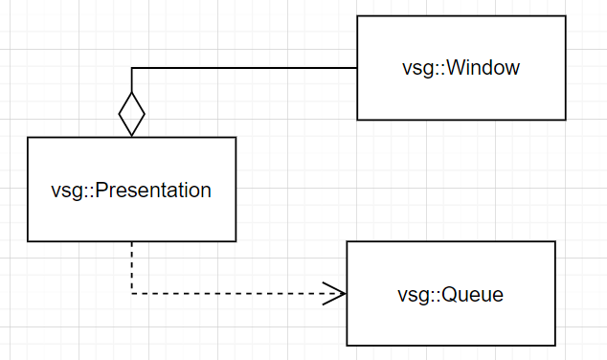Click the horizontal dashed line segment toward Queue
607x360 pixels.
click(x=230, y=293)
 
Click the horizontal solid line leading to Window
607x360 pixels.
click(x=244, y=68)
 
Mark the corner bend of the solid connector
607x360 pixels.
click(x=131, y=68)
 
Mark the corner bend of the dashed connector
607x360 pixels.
click(x=131, y=293)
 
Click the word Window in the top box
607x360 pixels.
click(x=483, y=68)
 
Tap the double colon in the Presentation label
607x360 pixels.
click(x=80, y=190)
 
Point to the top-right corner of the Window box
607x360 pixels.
click(x=563, y=16)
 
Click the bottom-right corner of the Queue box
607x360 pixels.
click(x=555, y=346)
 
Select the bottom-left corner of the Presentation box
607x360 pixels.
click(x=28, y=241)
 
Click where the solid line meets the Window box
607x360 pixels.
click(x=357, y=68)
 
